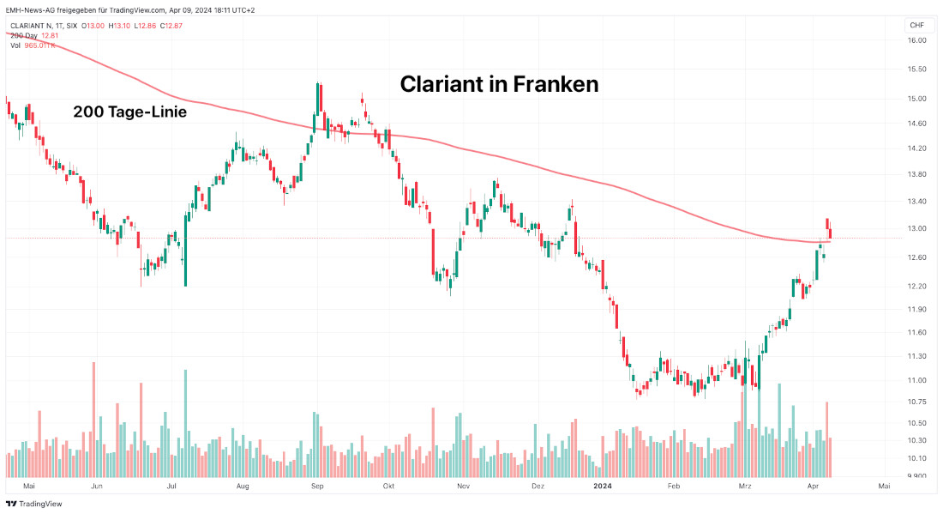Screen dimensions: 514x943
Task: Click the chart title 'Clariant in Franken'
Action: [499, 84]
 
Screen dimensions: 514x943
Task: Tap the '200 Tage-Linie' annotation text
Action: [129, 112]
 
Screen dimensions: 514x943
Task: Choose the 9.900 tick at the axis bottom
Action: [916, 475]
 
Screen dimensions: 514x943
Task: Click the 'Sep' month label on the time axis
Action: [317, 487]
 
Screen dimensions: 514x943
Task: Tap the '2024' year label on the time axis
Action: [603, 487]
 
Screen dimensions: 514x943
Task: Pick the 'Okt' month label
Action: [388, 487]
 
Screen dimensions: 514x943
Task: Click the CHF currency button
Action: [916, 26]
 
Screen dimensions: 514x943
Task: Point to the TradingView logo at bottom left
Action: [34, 504]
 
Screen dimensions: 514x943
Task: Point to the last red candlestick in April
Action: [830, 233]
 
